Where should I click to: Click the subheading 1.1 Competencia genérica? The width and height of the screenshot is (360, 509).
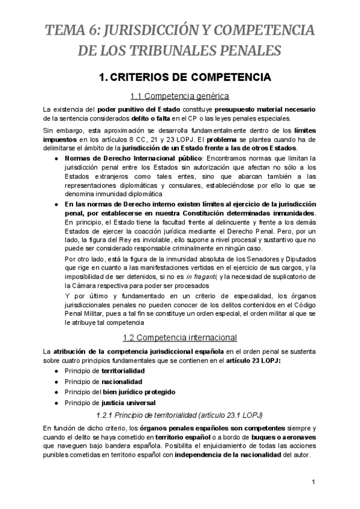[180, 95]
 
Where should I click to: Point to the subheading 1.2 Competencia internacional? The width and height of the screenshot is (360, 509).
[180, 337]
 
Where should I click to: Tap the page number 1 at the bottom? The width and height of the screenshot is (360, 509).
[313, 482]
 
